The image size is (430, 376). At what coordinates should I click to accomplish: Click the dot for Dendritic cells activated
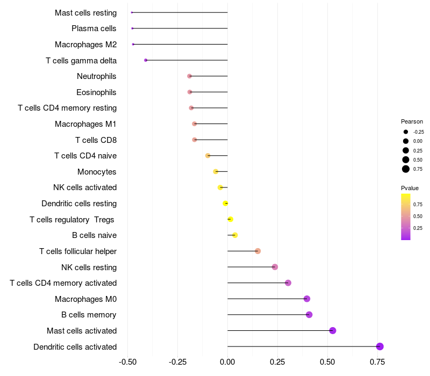point(380,346)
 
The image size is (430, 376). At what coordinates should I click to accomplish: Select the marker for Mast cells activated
point(333,330)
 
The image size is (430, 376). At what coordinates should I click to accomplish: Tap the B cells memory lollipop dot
point(309,315)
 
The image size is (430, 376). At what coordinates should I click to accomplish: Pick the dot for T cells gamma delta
point(146,60)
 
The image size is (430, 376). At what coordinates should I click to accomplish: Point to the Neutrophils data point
point(189,76)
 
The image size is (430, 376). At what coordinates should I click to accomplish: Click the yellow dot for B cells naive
point(235,235)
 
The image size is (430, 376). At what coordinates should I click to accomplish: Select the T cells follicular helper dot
point(257,251)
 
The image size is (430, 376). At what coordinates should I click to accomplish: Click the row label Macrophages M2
point(85,45)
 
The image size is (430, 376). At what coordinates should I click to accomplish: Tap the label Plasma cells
point(94,28)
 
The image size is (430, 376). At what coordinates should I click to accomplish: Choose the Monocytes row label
point(97,172)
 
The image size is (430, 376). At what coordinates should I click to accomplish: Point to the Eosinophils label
point(96,92)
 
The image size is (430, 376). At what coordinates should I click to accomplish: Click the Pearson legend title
point(412,121)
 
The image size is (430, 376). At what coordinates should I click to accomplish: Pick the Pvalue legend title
point(410,188)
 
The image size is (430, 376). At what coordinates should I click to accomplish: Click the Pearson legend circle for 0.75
point(406,169)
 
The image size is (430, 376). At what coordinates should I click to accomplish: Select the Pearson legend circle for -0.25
point(406,132)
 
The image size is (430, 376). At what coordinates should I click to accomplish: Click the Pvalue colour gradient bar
point(406,216)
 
